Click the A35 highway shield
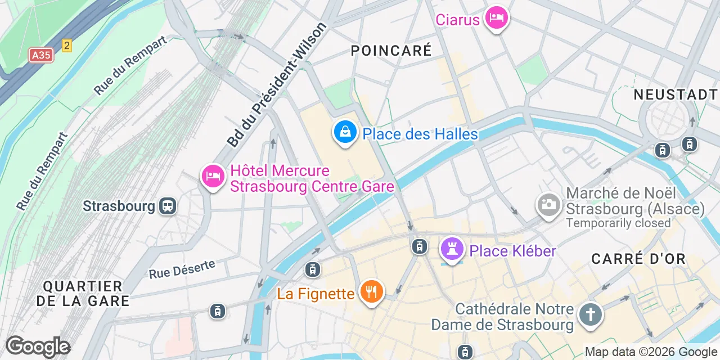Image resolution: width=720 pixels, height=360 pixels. tap(41, 55)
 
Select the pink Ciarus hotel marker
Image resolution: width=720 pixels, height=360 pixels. tap(496, 19)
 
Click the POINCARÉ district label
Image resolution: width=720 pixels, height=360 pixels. tap(391, 51)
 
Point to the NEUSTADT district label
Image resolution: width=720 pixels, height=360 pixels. tap(676, 94)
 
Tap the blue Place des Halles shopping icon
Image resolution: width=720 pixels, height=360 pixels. tap(345, 133)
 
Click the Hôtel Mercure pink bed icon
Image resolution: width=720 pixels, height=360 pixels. tap(213, 176)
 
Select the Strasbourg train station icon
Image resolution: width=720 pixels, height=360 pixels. tap(168, 206)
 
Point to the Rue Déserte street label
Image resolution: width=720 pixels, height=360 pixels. tap(182, 269)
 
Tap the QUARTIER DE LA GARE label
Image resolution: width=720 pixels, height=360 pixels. tap(83, 294)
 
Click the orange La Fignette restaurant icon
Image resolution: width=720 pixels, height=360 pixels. tap(371, 292)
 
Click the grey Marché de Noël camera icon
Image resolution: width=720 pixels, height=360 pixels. tap(548, 204)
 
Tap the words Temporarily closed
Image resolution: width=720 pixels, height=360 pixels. tap(618, 223)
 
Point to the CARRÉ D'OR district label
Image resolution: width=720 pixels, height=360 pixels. tap(638, 259)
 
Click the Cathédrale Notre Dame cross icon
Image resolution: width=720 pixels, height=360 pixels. tap(591, 314)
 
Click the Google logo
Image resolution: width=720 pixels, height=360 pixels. tap(38, 346)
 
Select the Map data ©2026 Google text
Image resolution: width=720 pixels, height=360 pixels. tap(650, 352)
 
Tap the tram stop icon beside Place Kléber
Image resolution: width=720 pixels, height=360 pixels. tap(419, 246)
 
